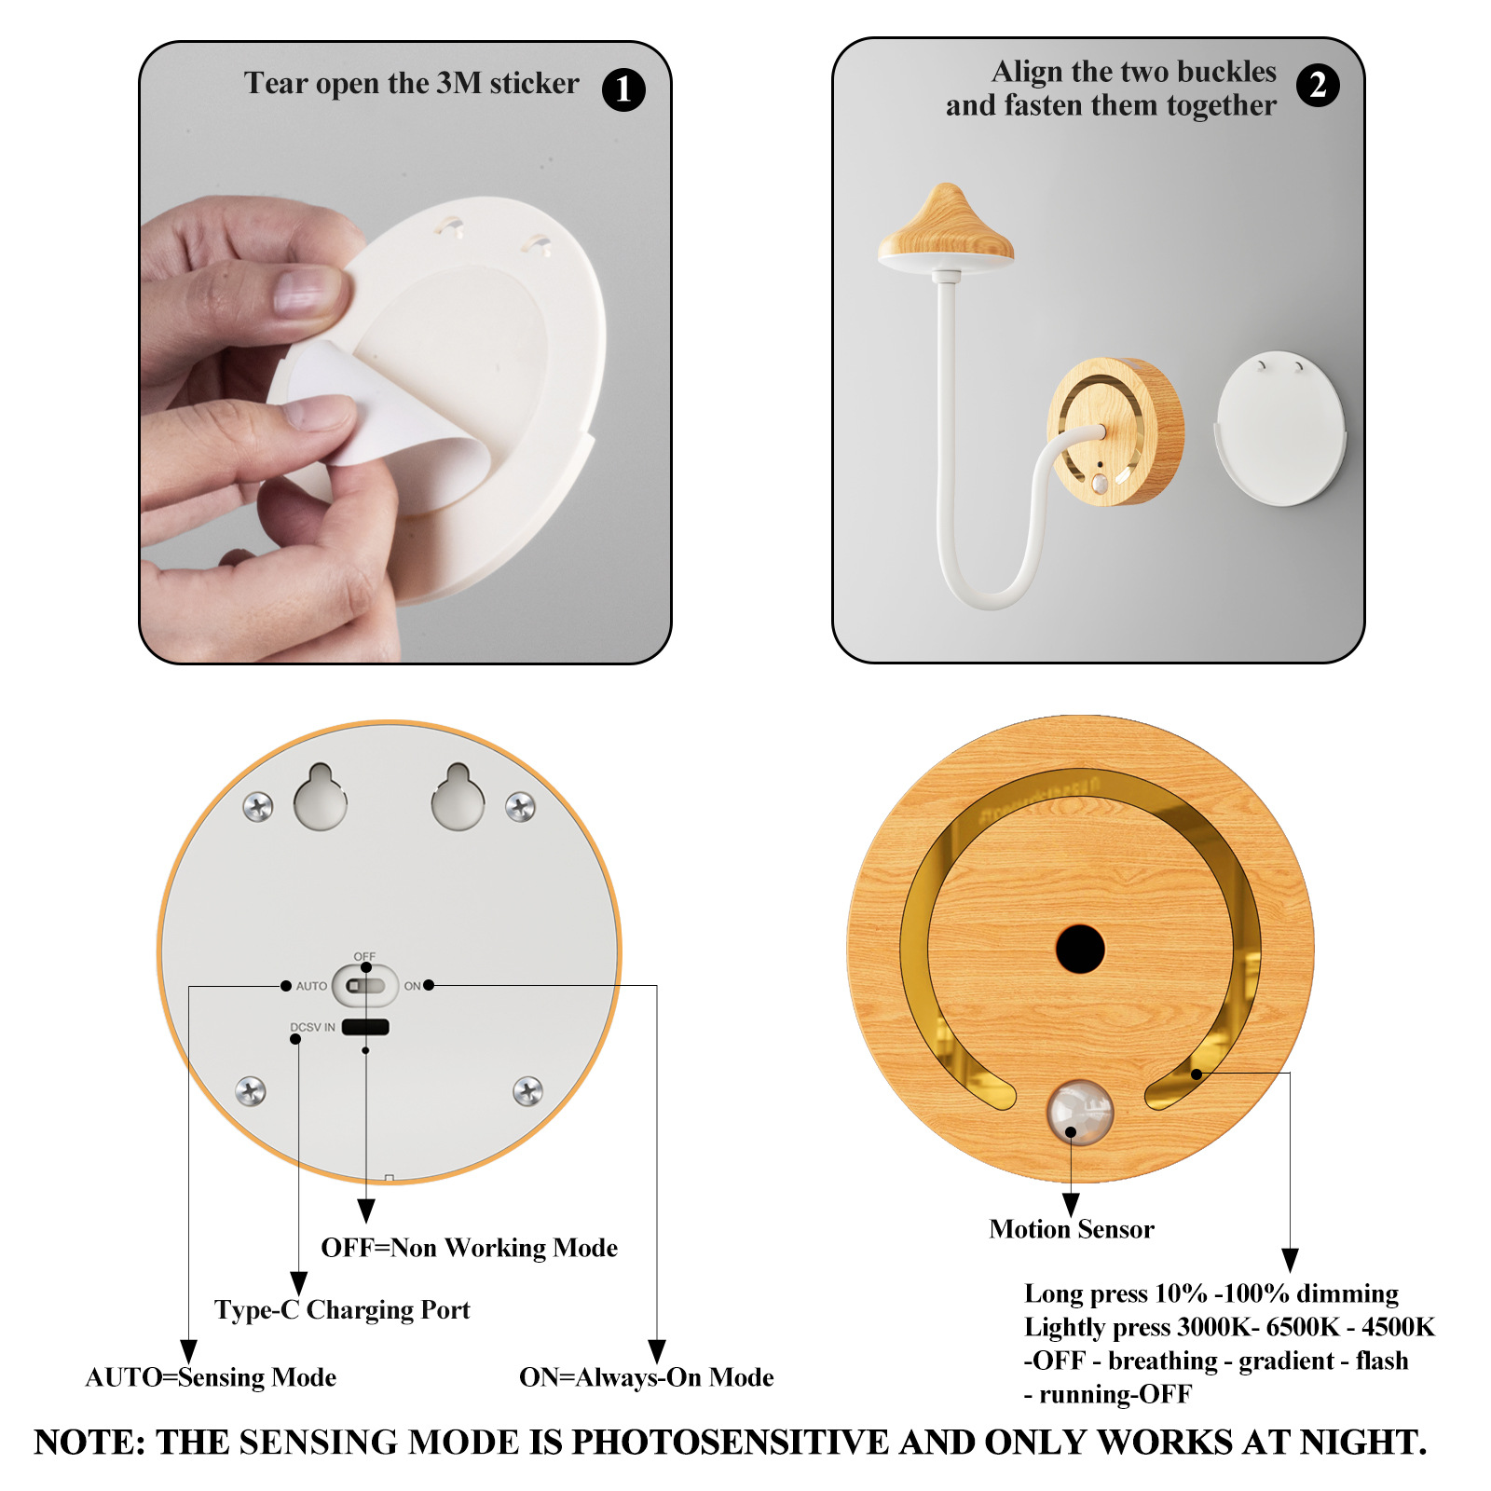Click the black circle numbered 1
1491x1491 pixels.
click(x=623, y=89)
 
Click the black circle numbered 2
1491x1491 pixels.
click(x=1318, y=86)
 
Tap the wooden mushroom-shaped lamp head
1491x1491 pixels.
click(x=946, y=228)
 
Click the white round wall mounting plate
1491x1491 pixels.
click(x=1280, y=429)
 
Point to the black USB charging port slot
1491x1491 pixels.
click(x=365, y=1027)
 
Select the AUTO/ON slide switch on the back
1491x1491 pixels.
click(x=365, y=985)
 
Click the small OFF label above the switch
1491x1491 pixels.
click(x=364, y=956)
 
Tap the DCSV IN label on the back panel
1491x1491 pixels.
click(x=312, y=1027)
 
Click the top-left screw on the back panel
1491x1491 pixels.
click(x=258, y=807)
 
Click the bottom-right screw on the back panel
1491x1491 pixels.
click(x=528, y=1090)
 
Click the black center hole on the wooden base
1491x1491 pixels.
click(x=1080, y=950)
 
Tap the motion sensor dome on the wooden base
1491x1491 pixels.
click(x=1080, y=1112)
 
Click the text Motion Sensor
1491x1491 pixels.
click(x=1072, y=1229)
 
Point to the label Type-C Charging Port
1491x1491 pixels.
click(x=342, y=1310)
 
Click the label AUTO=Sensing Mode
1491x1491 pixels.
click(x=211, y=1377)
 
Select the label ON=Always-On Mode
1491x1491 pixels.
click(x=647, y=1377)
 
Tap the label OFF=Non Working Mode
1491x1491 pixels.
click(x=470, y=1248)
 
